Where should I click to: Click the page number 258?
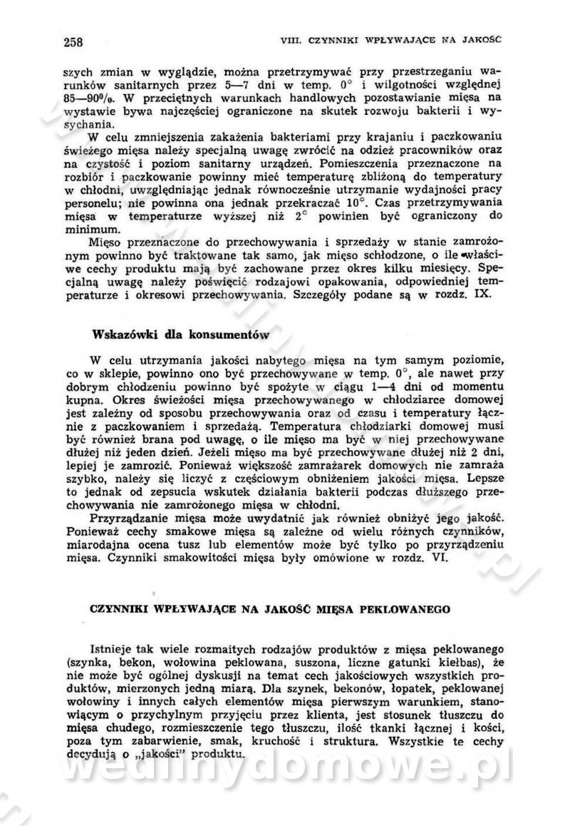[73, 41]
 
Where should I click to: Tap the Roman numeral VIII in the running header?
[292, 40]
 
